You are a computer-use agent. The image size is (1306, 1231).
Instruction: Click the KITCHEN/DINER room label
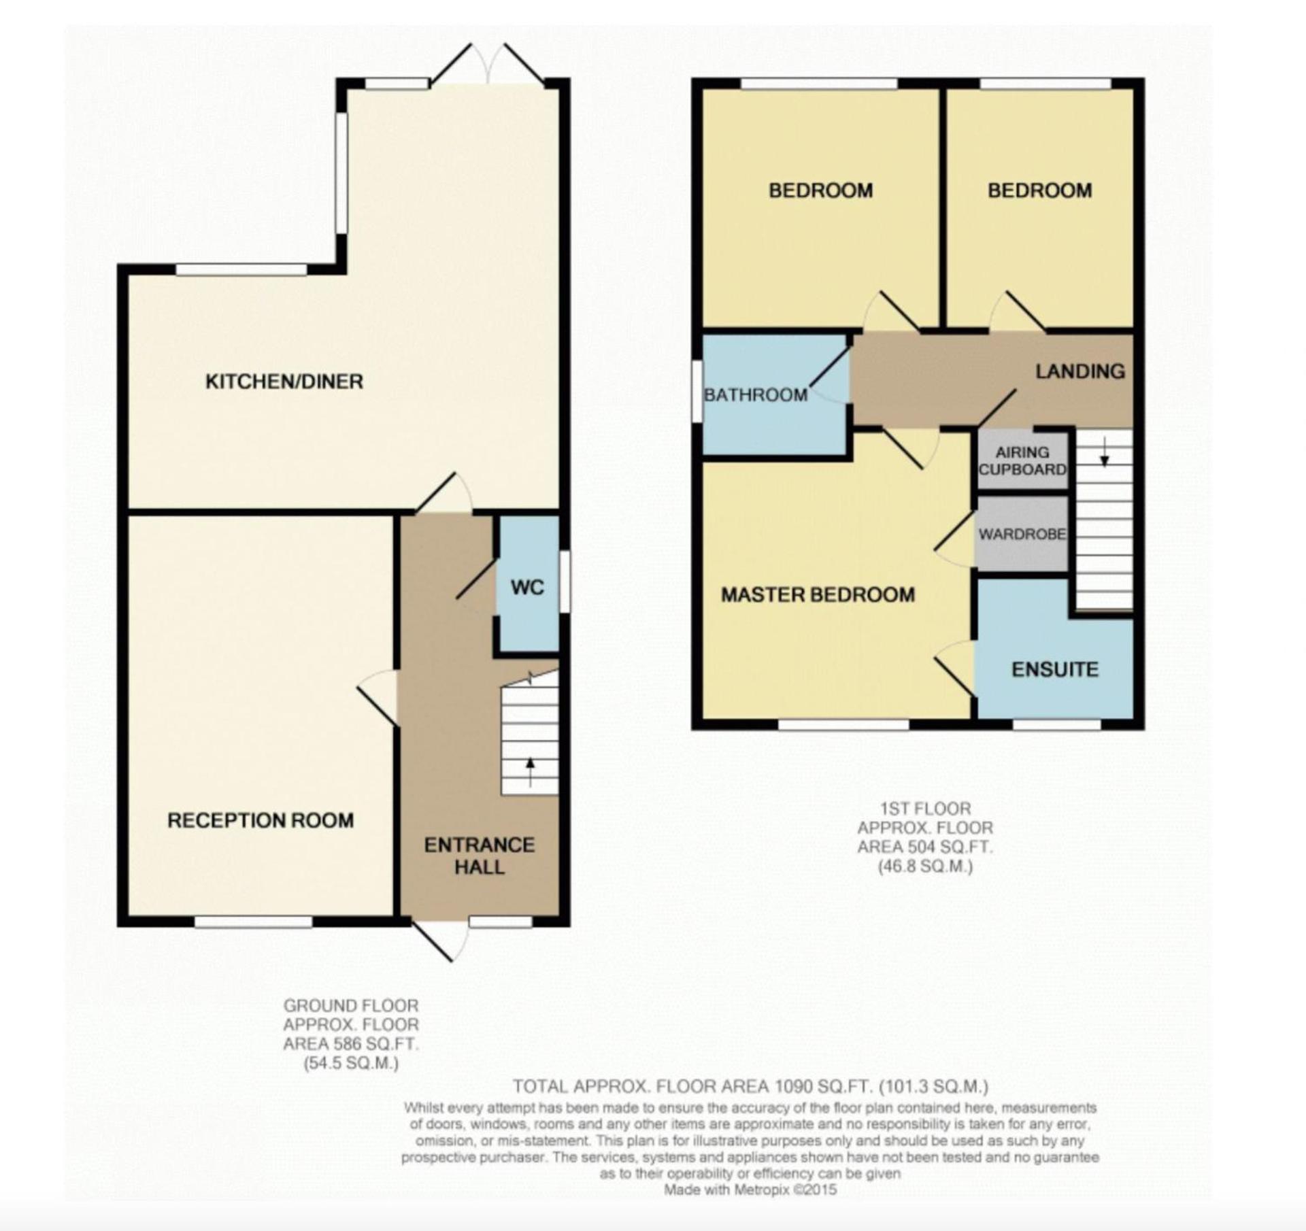[284, 381]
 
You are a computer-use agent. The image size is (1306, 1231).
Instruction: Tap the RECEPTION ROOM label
[261, 820]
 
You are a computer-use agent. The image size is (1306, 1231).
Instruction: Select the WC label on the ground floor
[527, 587]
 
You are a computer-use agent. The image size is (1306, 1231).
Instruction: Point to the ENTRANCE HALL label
[480, 856]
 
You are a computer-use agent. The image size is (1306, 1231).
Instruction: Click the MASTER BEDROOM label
[818, 595]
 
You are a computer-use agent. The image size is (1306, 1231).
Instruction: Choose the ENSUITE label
[1055, 670]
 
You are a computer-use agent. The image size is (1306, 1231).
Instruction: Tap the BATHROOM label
[756, 394]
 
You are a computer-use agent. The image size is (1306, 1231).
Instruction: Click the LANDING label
[1080, 371]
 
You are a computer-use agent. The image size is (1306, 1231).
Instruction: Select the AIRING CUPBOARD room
[1022, 460]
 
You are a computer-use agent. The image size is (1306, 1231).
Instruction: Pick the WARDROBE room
[1022, 534]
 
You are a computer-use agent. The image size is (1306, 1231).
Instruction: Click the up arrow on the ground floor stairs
[530, 771]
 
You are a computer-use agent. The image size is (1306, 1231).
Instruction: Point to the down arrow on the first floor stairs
[1105, 451]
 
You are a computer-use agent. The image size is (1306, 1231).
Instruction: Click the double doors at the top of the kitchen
[487, 66]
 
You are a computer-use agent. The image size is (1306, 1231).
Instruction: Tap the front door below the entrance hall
[440, 940]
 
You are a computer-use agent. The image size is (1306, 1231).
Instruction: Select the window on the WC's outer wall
[565, 581]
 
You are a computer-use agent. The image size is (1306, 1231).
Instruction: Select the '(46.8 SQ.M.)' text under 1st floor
[925, 866]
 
